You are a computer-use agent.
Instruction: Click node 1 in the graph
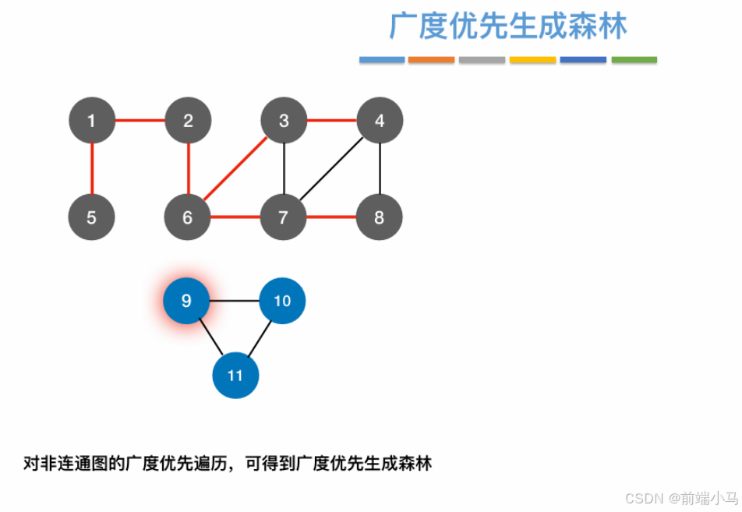pos(92,121)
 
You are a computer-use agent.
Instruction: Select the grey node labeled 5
pos(92,217)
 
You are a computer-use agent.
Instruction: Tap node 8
pos(379,217)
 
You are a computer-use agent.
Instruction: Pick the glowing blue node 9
pos(186,300)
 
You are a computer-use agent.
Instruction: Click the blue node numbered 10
pos(282,300)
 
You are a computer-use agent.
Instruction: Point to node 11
pos(235,375)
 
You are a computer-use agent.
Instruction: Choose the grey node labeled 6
pos(188,217)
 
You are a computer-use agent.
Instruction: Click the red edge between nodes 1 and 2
pos(140,121)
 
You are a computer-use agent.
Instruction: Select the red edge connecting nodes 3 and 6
pos(235,169)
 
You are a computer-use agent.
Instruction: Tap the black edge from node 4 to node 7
pos(331,169)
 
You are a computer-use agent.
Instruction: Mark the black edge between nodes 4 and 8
pos(380,169)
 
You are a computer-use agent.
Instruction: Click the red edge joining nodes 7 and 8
pos(331,217)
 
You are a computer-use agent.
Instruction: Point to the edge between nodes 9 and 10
pos(234,300)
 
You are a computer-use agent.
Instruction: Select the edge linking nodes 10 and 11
pos(259,337)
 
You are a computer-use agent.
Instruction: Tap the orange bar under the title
pos(431,60)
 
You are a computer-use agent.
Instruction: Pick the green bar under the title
pos(634,60)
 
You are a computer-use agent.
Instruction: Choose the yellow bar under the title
pos(532,60)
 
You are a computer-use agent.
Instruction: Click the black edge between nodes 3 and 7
pos(284,169)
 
